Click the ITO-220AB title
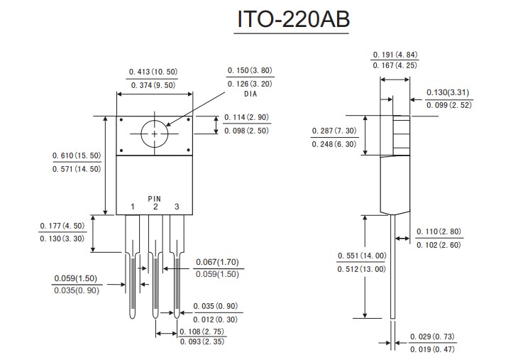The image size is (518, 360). tap(292, 21)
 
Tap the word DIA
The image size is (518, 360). tap(250, 94)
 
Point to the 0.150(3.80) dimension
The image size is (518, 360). tap(250, 70)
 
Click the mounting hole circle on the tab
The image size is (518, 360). tap(155, 133)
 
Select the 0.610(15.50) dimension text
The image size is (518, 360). tap(77, 156)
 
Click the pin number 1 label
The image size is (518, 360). tap(133, 207)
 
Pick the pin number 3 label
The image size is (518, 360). tap(177, 207)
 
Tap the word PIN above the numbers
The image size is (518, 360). tap(155, 198)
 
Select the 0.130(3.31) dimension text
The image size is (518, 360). tap(448, 93)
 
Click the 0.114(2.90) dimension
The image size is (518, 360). tap(247, 117)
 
